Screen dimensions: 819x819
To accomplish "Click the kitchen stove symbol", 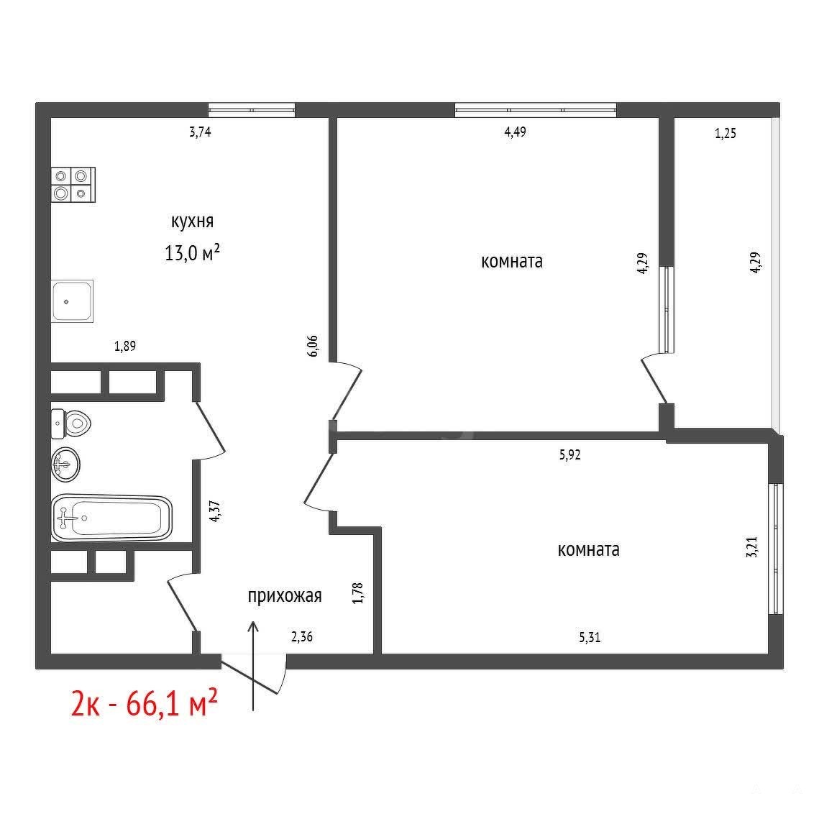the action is tap(73, 184).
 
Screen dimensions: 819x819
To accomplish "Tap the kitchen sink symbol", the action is tap(72, 301).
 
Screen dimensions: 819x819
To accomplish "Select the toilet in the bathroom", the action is tap(71, 423).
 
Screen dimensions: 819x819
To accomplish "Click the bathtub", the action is tap(111, 518).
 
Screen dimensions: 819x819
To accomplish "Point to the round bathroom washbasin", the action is tap(65, 464).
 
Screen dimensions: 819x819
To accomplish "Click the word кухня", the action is tap(192, 221).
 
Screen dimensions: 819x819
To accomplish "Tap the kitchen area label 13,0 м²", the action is tap(192, 253).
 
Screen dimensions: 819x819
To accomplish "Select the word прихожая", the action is tap(285, 596).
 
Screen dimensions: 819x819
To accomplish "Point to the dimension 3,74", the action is tap(200, 132).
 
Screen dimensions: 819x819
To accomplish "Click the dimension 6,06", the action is tap(312, 346).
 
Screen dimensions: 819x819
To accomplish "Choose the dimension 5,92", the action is tap(570, 454).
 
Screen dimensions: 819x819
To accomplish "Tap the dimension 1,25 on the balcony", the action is tap(726, 133).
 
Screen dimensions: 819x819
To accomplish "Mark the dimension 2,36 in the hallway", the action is tap(302, 636).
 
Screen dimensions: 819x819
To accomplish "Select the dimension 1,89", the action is tap(125, 346).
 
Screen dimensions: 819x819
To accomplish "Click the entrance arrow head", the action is tap(253, 626).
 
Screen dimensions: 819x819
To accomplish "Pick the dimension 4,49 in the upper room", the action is tap(515, 132).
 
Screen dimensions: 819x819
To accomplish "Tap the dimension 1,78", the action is tap(358, 593).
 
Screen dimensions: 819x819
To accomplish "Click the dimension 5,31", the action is tap(590, 637).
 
